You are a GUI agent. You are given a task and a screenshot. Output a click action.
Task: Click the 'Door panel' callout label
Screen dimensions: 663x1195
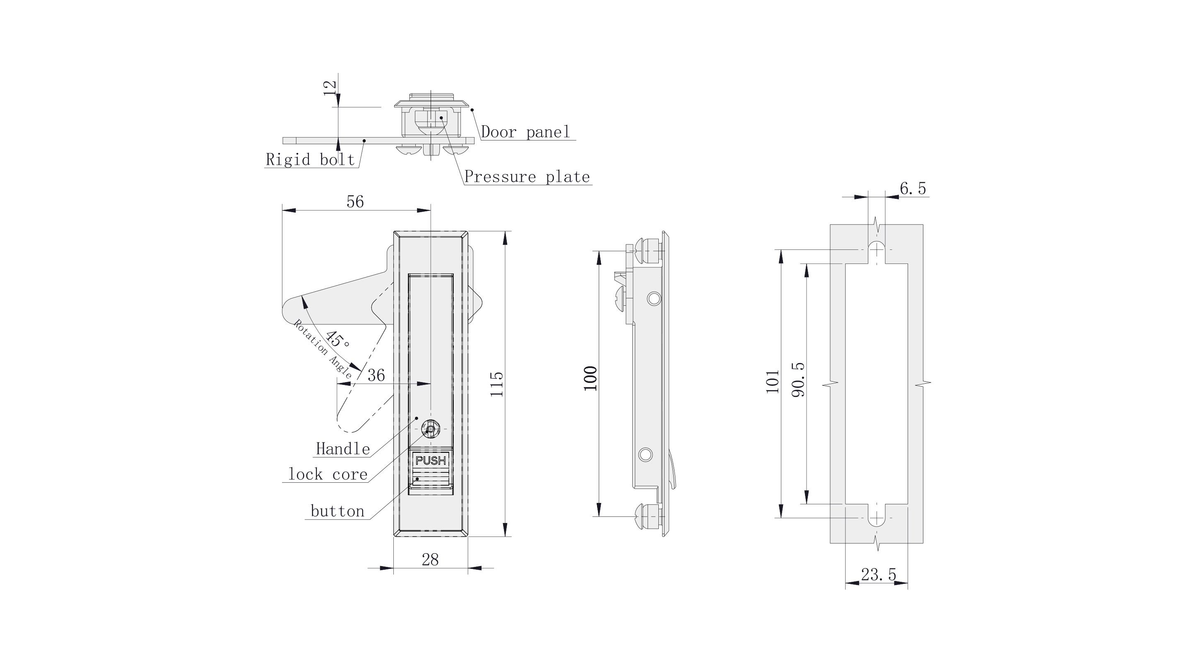coord(525,132)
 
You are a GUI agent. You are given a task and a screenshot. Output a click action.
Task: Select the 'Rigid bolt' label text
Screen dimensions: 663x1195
coord(310,160)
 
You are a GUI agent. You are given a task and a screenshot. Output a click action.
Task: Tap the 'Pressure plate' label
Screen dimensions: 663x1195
coord(527,177)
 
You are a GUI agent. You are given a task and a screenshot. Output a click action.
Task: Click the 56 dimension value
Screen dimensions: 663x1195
coord(355,201)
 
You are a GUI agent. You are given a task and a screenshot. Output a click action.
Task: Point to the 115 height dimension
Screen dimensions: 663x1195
coord(497,383)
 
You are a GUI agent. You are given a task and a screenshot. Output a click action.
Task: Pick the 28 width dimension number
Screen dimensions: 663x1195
coord(430,560)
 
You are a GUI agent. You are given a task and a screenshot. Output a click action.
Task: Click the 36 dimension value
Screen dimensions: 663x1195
coord(376,375)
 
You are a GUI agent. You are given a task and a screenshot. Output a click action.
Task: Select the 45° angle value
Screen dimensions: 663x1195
coord(337,339)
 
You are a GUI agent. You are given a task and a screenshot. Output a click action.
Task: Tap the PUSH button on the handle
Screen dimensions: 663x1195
coord(431,460)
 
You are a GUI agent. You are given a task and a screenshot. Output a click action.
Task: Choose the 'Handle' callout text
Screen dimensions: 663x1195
coord(343,449)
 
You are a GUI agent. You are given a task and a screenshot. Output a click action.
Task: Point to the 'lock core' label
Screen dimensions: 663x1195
coord(328,474)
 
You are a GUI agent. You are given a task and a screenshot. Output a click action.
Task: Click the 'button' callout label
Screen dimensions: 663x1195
coord(337,512)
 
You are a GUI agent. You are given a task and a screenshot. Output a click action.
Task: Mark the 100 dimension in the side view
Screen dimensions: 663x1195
coord(590,379)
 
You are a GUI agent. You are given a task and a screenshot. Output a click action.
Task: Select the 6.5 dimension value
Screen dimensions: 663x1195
coord(913,189)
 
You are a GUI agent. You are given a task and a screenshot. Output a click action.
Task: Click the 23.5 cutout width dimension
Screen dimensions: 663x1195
coord(879,575)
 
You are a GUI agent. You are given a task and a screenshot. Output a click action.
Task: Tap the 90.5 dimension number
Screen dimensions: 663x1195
coord(798,380)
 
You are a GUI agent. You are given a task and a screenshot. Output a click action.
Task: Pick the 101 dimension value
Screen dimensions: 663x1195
coord(772,382)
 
